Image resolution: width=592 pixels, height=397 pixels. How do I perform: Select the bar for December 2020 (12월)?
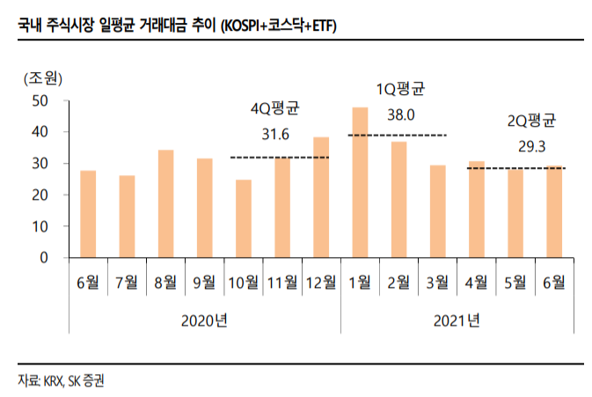[x=321, y=197]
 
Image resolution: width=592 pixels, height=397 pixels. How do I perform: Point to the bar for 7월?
[x=127, y=217]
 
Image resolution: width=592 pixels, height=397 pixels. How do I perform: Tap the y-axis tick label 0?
[x=42, y=258]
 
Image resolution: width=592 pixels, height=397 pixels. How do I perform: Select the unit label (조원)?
[x=42, y=77]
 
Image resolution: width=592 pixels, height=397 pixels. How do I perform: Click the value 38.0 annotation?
[x=400, y=114]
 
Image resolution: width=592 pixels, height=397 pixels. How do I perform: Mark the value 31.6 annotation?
[x=275, y=135]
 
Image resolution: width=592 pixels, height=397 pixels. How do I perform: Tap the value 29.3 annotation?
[x=532, y=146]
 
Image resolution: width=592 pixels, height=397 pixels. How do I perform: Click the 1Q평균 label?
[x=400, y=89]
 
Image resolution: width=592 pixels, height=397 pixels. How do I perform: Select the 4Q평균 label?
[x=275, y=110]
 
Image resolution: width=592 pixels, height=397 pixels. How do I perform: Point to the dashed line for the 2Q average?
[x=515, y=168]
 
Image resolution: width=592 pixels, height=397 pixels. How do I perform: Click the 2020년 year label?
[x=205, y=320]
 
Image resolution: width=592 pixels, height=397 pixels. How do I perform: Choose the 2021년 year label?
[x=457, y=320]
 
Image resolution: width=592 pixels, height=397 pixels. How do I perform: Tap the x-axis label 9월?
[x=204, y=283]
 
